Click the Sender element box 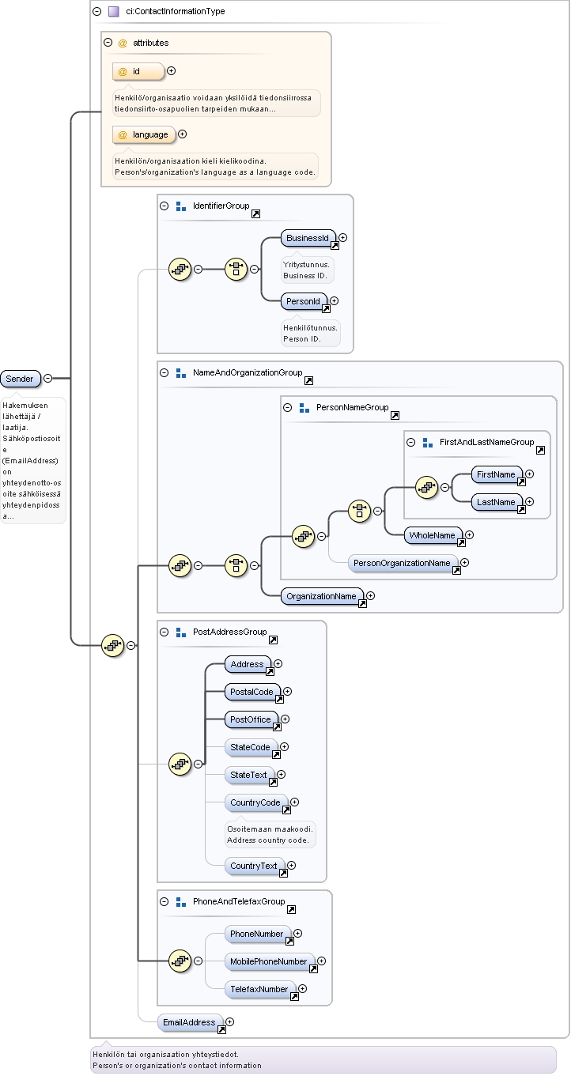coord(21,379)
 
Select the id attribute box coord(138,72)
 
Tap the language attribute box coord(144,135)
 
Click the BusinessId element coord(308,238)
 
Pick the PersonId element coord(304,302)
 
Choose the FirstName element coord(497,474)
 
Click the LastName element coord(497,503)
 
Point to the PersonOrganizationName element coord(403,564)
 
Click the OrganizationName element coord(322,597)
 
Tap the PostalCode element coord(252,693)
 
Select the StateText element coord(249,776)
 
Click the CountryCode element coord(256,802)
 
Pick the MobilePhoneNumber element coord(270,961)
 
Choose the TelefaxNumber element coord(260,990)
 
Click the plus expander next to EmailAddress coord(230,1022)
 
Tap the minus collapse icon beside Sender coord(47,379)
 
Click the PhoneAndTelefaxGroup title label coord(239,901)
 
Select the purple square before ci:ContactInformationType coord(114,12)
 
